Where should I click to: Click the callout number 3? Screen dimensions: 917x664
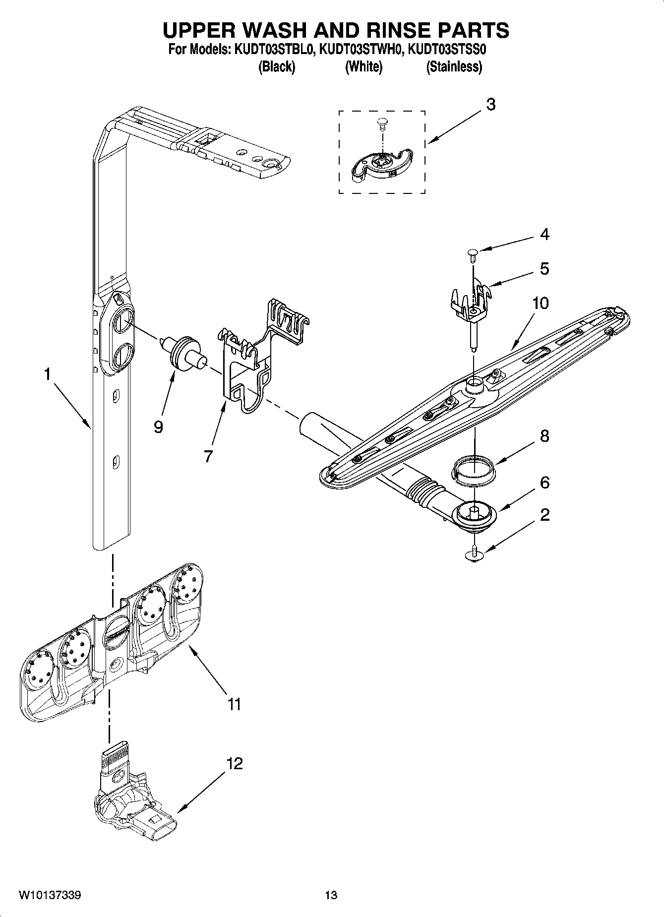click(x=490, y=105)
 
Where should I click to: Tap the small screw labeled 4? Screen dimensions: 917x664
click(x=472, y=256)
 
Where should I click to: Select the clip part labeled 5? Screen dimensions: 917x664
click(x=471, y=303)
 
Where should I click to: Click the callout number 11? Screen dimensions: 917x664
click(x=234, y=703)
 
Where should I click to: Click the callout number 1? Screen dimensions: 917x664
click(x=47, y=374)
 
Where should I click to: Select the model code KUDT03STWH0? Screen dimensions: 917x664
click(x=360, y=50)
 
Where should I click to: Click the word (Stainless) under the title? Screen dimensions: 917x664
click(x=454, y=66)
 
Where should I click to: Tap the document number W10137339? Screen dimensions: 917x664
click(x=50, y=895)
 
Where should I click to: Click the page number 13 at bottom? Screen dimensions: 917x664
click(x=331, y=895)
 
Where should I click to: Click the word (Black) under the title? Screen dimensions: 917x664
click(x=277, y=66)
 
